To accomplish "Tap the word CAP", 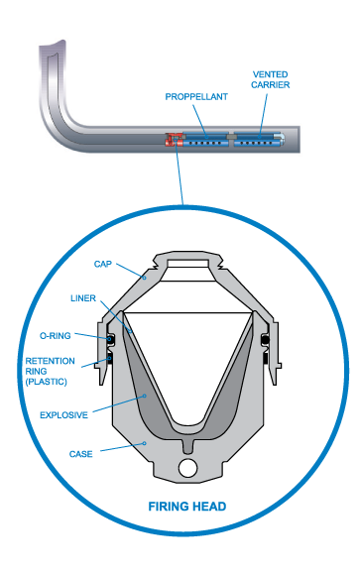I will click(x=102, y=265).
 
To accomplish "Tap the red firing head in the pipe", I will click(x=175, y=140).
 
